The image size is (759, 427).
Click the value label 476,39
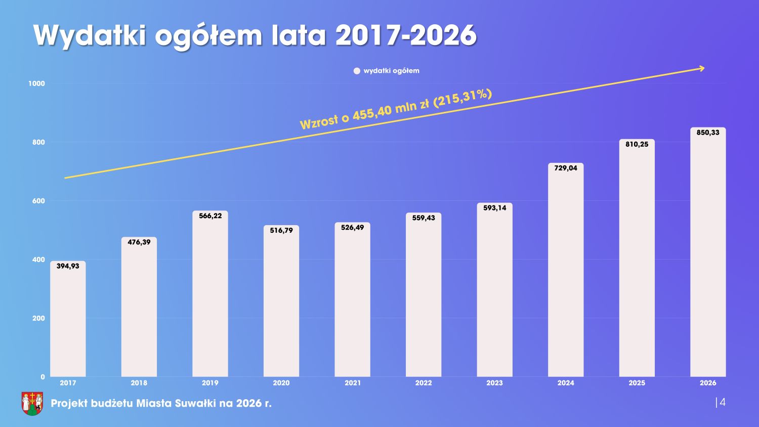coord(139,242)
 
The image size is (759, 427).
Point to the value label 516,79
coord(281,231)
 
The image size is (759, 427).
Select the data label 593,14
coord(494,208)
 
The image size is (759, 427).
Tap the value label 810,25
coord(637,144)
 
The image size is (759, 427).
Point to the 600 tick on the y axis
coord(38,201)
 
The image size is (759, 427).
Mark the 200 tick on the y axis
coord(38,318)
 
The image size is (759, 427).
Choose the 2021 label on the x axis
coord(353,383)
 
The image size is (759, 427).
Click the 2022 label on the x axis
coord(424,383)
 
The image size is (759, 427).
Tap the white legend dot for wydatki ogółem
coord(357,71)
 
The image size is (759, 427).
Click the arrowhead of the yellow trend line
coord(701,68)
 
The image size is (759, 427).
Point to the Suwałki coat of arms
coord(32,403)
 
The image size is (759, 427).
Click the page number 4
coord(722,402)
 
